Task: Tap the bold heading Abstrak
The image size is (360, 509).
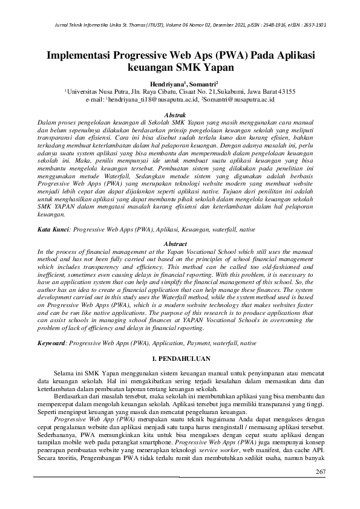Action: pos(180,114)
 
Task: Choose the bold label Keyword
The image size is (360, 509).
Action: pos(51,343)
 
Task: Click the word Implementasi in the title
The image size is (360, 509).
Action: pos(85,56)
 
